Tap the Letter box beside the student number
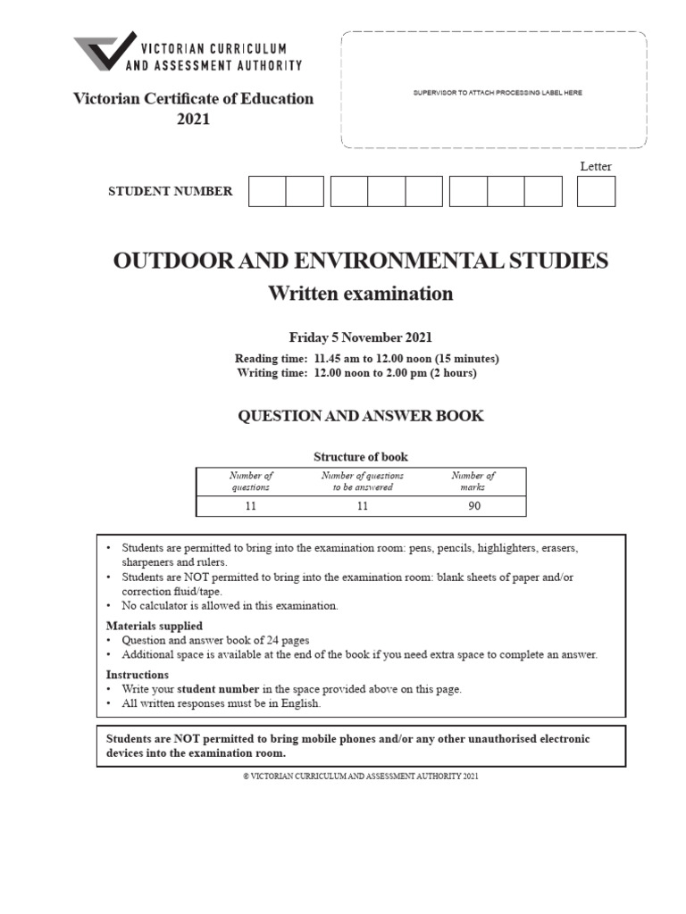point(596,191)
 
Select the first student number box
point(266,191)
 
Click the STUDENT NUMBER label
point(170,191)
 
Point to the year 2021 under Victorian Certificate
point(193,119)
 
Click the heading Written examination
point(361,294)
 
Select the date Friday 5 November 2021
point(361,337)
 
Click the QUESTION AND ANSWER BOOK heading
point(361,417)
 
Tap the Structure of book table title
point(361,457)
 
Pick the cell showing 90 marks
point(473,505)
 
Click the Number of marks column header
point(473,481)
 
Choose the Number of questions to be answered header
point(362,481)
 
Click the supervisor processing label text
point(497,93)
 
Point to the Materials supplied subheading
point(154,626)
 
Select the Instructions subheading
point(138,675)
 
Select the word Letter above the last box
point(596,166)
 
